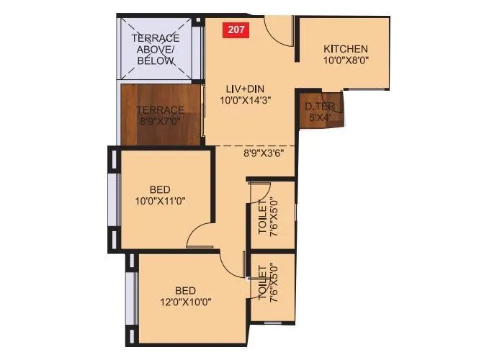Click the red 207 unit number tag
click(235, 30)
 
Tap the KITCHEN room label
click(346, 48)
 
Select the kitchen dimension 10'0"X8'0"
click(346, 60)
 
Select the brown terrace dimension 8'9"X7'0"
click(161, 122)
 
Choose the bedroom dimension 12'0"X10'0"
click(186, 302)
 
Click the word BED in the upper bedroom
click(160, 189)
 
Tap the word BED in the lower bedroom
click(187, 289)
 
